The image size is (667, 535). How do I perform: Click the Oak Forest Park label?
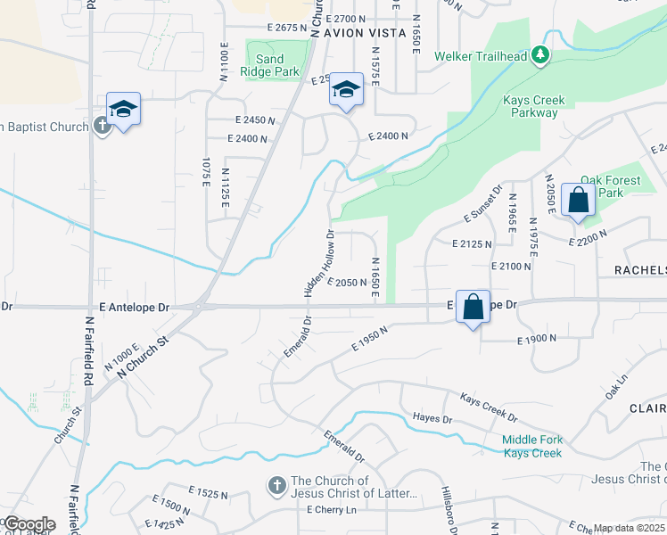[x=611, y=186]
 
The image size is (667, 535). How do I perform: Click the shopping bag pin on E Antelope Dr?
[x=474, y=307]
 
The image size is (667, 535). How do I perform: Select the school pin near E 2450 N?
[x=346, y=90]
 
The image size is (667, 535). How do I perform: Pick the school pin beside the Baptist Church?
[x=123, y=110]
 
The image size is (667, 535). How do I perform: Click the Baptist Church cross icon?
[x=102, y=127]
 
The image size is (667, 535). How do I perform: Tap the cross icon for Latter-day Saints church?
[x=277, y=486]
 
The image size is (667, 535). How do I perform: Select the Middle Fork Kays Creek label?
[x=531, y=446]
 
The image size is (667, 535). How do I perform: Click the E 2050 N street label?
[x=348, y=283]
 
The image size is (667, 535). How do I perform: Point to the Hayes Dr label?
[x=432, y=418]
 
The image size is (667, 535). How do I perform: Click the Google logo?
[x=29, y=524]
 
